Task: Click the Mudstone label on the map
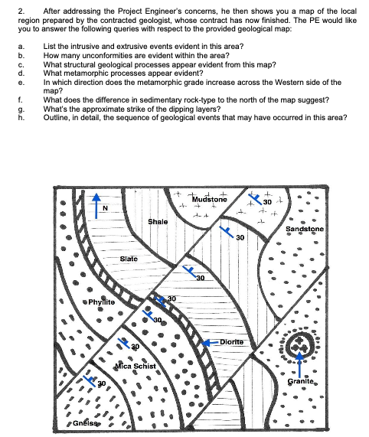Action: click(x=210, y=199)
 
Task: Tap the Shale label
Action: click(x=158, y=222)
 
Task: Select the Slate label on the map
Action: click(x=129, y=259)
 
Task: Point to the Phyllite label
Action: click(x=102, y=302)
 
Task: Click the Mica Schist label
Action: click(x=136, y=366)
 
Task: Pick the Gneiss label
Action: click(x=85, y=423)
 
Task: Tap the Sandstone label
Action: click(x=305, y=229)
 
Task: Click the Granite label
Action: click(x=301, y=381)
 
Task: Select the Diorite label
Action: click(x=232, y=342)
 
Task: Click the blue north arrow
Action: click(x=96, y=206)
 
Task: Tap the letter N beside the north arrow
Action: click(x=105, y=208)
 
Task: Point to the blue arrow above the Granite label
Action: click(x=299, y=364)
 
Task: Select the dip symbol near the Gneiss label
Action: click(x=90, y=380)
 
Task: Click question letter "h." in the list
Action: click(x=21, y=118)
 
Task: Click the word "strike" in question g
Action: click(x=143, y=109)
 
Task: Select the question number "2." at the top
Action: click(x=21, y=11)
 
